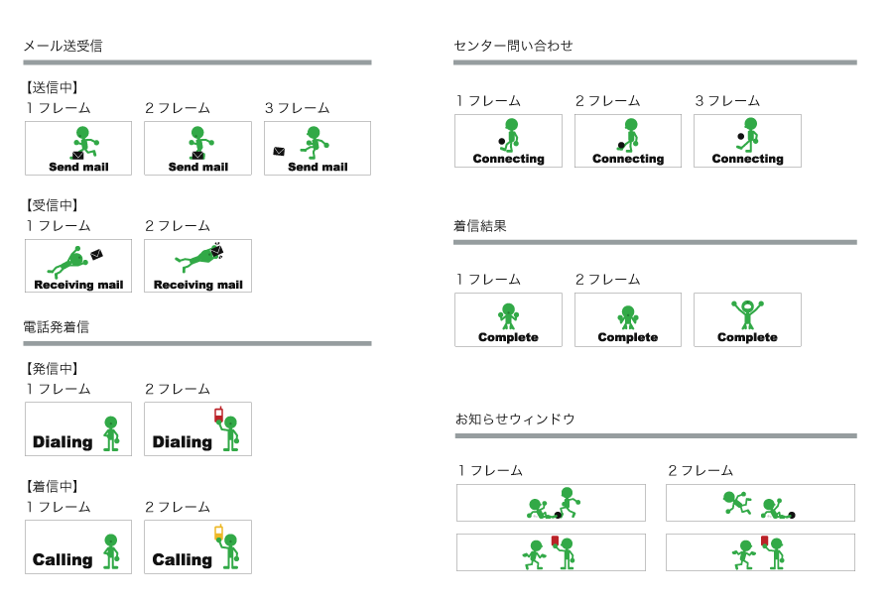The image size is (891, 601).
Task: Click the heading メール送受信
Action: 63,46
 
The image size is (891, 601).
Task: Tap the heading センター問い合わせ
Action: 513,46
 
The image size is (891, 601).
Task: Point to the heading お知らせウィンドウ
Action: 515,420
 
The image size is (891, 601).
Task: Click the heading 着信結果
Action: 480,226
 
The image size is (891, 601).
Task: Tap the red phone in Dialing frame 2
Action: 218,415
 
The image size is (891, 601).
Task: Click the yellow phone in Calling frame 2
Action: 218,533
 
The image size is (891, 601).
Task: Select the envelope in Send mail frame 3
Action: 280,152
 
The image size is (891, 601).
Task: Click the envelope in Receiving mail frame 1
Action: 96,255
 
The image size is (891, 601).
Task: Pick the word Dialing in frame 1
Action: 63,442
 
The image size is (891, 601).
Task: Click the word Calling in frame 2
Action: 182,560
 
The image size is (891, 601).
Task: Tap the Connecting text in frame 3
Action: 747,159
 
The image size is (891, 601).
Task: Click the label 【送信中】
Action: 52,87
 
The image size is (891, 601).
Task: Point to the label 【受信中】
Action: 52,205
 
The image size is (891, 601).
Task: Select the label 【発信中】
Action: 52,369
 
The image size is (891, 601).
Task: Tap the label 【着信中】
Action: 52,487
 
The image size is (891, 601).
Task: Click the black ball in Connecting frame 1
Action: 502,142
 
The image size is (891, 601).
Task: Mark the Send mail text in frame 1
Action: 78,168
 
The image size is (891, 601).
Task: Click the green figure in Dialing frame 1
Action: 111,432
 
